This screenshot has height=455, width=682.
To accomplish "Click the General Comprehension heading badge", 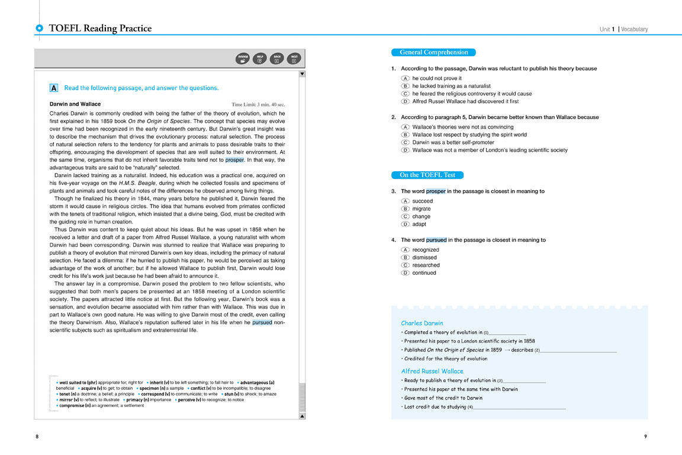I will [433, 52].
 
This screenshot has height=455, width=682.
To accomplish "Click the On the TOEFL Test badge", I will [427, 175].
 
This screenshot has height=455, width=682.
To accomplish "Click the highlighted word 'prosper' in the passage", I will [235, 160].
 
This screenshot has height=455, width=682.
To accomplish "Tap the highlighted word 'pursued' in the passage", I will [262, 323].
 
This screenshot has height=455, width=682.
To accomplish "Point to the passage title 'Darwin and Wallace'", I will [75, 104].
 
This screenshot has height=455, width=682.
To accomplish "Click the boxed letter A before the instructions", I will [54, 88].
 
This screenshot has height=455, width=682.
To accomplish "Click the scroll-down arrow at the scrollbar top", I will [302, 74].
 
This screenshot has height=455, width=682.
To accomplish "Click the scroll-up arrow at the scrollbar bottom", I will [302, 416].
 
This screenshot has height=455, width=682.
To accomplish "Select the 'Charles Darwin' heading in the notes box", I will [422, 323].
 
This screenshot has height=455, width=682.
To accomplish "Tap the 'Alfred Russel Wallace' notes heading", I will [432, 371].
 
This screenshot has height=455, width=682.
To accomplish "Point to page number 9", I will [645, 437].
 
